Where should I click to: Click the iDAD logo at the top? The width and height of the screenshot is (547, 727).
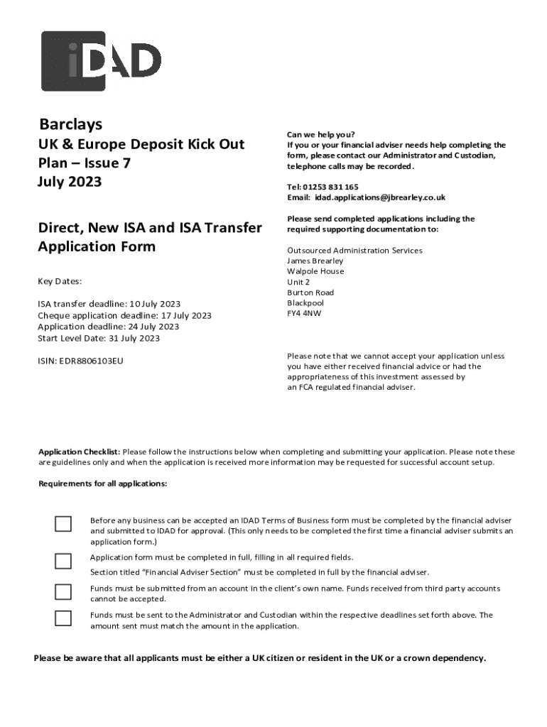pyautogui.click(x=101, y=61)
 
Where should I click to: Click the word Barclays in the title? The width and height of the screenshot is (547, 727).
pyautogui.click(x=70, y=124)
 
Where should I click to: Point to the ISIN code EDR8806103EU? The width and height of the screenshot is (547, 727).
pyautogui.click(x=90, y=361)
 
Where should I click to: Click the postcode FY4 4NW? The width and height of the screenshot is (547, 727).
pyautogui.click(x=304, y=313)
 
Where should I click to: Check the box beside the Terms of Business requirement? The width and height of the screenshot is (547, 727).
pyautogui.click(x=63, y=524)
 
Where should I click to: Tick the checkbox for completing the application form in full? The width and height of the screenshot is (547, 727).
pyautogui.click(x=63, y=561)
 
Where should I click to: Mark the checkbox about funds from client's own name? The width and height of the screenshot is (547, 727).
pyautogui.click(x=63, y=591)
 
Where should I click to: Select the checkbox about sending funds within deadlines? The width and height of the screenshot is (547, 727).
pyautogui.click(x=63, y=618)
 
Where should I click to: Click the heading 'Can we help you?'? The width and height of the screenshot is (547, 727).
pyautogui.click(x=320, y=134)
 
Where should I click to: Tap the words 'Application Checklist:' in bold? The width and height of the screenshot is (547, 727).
pyautogui.click(x=79, y=452)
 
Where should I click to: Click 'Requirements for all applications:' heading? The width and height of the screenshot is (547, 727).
pyautogui.click(x=102, y=483)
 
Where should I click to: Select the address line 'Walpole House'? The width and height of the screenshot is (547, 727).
pyautogui.click(x=315, y=271)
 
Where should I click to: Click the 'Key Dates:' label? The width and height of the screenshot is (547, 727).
pyautogui.click(x=60, y=281)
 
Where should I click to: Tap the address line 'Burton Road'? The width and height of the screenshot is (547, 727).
pyautogui.click(x=310, y=293)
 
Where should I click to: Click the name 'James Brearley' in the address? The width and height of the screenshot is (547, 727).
pyautogui.click(x=315, y=261)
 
